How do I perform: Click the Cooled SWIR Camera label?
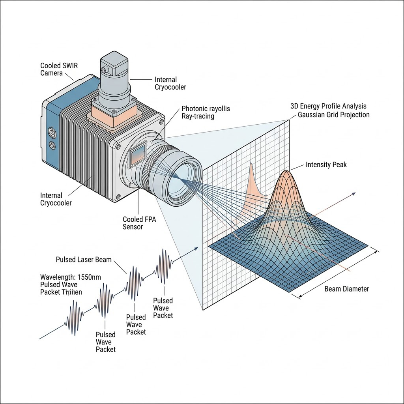click(x=59, y=69)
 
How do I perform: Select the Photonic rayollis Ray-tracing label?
click(x=206, y=112)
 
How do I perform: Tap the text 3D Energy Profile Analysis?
click(x=328, y=106)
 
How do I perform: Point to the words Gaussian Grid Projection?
click(x=334, y=115)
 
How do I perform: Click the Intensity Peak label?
click(x=326, y=165)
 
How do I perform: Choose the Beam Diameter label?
click(x=346, y=289)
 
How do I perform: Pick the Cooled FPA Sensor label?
click(x=139, y=223)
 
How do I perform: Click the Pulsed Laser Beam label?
click(x=84, y=260)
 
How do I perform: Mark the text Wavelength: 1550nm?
click(x=70, y=277)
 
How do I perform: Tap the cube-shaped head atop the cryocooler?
click(x=115, y=65)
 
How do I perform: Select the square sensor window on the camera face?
click(x=138, y=155)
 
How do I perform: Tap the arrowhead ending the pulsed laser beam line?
click(x=196, y=249)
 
